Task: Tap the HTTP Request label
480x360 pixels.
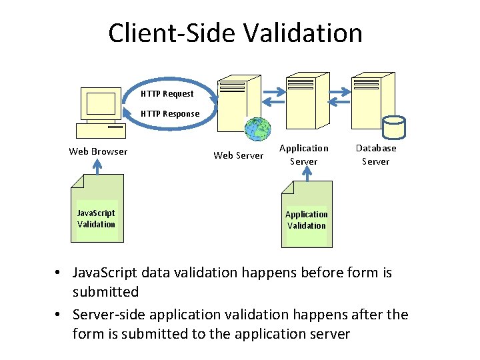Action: click(x=167, y=94)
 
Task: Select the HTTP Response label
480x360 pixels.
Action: click(x=169, y=114)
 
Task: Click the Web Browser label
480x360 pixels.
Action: click(x=98, y=151)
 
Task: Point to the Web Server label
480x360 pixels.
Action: click(x=238, y=156)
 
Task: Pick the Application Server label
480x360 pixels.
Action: click(x=303, y=155)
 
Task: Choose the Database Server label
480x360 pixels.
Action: click(x=375, y=155)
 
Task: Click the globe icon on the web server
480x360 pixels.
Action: click(x=257, y=129)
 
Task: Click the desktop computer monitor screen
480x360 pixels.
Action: click(x=101, y=103)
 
